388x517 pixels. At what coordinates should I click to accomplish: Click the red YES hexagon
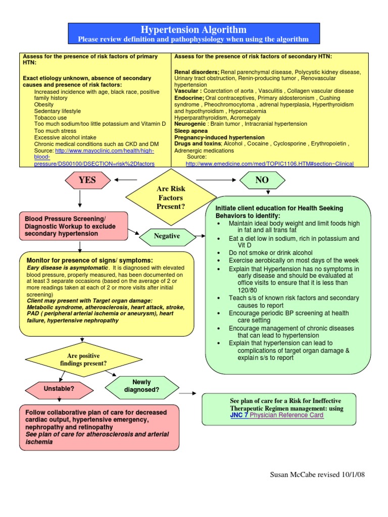pos(87,180)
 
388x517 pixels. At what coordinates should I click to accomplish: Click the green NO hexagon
pos(262,180)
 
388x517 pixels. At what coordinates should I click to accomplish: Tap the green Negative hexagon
pos(167,236)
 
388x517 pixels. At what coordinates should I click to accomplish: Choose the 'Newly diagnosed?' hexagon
pos(141,386)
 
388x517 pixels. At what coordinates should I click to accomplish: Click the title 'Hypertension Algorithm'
pos(193,30)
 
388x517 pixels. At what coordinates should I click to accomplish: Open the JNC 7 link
pos(239,415)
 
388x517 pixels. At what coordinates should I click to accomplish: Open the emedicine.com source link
pos(269,164)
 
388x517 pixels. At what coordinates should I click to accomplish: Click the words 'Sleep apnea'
pos(190,130)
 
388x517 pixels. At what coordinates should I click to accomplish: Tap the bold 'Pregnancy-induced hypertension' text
pos(219,137)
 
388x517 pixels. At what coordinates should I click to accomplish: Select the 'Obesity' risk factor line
pos(44,105)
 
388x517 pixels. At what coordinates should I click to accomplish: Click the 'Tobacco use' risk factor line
pos(51,118)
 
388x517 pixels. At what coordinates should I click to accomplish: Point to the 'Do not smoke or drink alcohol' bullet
pos(270,252)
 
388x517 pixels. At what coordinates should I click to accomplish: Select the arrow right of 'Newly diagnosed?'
pos(188,392)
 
